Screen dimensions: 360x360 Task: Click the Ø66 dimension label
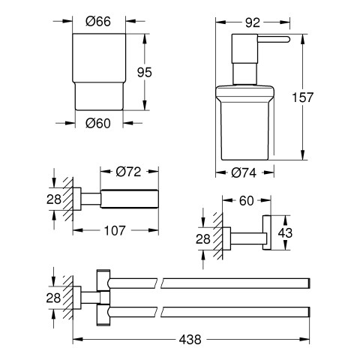pos(98,22)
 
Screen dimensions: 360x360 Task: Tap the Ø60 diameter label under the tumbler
pos(98,123)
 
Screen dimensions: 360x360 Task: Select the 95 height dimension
pos(145,73)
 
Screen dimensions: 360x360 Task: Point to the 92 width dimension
pos(253,22)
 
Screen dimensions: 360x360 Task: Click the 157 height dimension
pos(303,97)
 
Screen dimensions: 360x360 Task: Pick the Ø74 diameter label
pos(244,172)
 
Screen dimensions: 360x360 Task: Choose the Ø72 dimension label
pos(128,172)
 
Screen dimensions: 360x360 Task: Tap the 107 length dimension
pos(115,230)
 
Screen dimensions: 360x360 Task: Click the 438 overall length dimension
pos(190,340)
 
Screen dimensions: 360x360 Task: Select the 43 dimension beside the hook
pos(285,233)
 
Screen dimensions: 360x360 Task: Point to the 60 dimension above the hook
pos(247,201)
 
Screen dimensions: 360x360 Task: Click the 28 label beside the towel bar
pos(53,298)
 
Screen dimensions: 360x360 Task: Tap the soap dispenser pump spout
pos(273,39)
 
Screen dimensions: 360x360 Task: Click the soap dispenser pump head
pos(244,48)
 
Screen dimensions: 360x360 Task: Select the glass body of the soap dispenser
pos(245,130)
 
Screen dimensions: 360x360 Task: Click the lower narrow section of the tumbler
pos(99,96)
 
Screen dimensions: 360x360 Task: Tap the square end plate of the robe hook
pos(266,232)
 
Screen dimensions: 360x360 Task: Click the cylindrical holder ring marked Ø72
pos(129,199)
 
